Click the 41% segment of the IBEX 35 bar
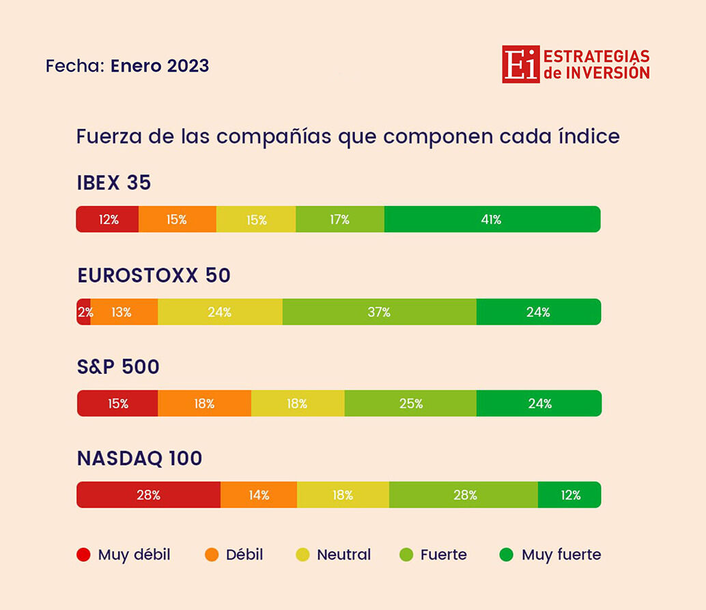point(492,219)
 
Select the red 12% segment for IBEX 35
point(107,219)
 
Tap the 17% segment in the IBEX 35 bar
point(340,219)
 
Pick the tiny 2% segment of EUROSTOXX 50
point(83,312)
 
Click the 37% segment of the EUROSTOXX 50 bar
point(379,312)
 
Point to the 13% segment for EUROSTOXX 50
point(124,312)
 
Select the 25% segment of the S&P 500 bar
point(410,403)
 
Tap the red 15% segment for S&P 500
point(117,403)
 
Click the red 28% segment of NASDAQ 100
point(148,495)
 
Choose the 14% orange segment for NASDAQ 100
point(259,495)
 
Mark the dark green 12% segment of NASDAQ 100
point(569,495)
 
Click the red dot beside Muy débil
point(83,555)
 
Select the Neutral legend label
point(343,555)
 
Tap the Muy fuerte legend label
point(561,555)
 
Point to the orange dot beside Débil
point(212,555)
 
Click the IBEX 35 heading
point(114,184)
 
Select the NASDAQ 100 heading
point(140,459)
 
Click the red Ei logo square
point(520,64)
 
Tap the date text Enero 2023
point(160,66)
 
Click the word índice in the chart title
point(588,136)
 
